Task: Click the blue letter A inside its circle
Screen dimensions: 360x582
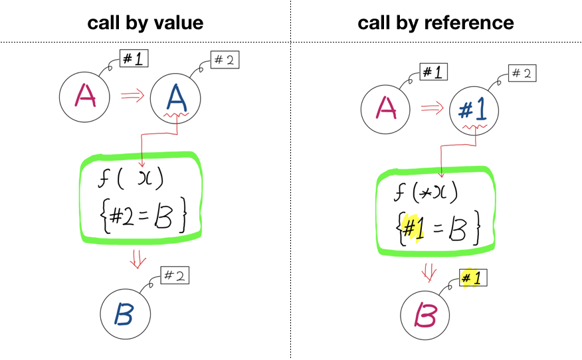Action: (x=175, y=98)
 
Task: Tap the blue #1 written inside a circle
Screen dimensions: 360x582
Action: (x=474, y=109)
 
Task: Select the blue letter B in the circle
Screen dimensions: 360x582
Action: (x=124, y=314)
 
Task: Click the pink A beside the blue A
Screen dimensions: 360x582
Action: (x=85, y=96)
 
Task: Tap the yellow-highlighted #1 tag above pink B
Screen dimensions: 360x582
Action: (x=472, y=278)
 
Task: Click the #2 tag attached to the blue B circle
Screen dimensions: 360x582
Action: (x=175, y=274)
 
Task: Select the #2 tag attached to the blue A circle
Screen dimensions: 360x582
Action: (x=224, y=60)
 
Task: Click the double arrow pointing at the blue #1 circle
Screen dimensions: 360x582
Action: (x=432, y=107)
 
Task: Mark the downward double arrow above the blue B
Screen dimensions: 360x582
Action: (x=138, y=258)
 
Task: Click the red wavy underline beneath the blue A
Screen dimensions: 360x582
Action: (x=177, y=117)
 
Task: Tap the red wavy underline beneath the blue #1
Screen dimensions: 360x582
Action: (x=476, y=126)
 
